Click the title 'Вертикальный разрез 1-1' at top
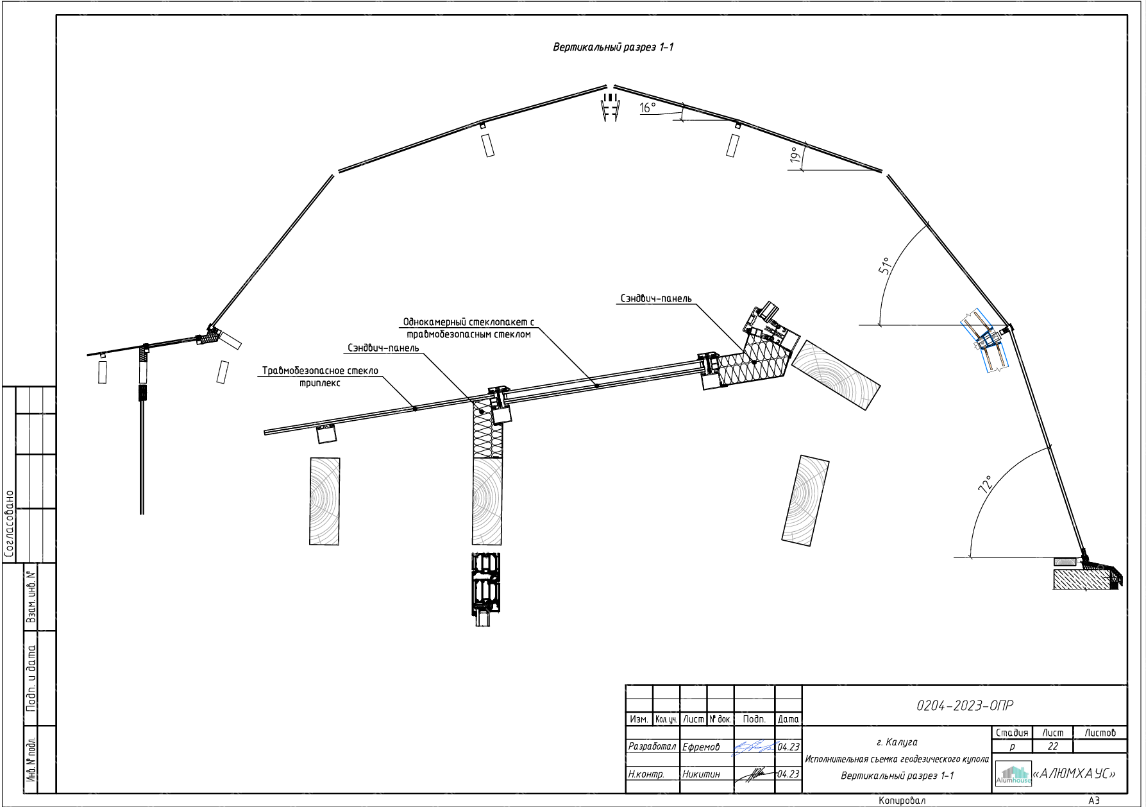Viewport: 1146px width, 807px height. click(x=612, y=47)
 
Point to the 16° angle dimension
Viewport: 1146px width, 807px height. click(x=648, y=108)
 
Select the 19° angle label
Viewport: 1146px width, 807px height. click(x=795, y=155)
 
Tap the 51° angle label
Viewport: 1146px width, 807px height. click(x=885, y=266)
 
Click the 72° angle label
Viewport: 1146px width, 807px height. click(x=986, y=484)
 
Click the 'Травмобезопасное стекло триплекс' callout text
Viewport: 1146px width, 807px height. click(x=320, y=377)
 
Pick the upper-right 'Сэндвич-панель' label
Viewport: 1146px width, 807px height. click(x=655, y=299)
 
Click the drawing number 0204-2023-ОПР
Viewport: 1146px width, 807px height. click(x=965, y=706)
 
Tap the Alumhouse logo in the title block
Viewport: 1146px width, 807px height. click(x=1013, y=775)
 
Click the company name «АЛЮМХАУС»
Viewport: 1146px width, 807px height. click(x=1074, y=774)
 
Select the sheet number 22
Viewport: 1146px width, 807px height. click(x=1052, y=747)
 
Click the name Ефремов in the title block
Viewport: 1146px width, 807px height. click(x=701, y=747)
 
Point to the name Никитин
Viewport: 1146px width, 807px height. click(x=701, y=774)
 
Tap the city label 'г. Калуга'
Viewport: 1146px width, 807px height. click(x=897, y=742)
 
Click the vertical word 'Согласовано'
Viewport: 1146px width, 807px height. click(x=9, y=523)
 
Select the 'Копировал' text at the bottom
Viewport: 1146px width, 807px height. click(x=902, y=801)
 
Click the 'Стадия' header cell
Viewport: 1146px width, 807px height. click(x=1011, y=733)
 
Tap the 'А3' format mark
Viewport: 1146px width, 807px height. click(x=1093, y=801)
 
